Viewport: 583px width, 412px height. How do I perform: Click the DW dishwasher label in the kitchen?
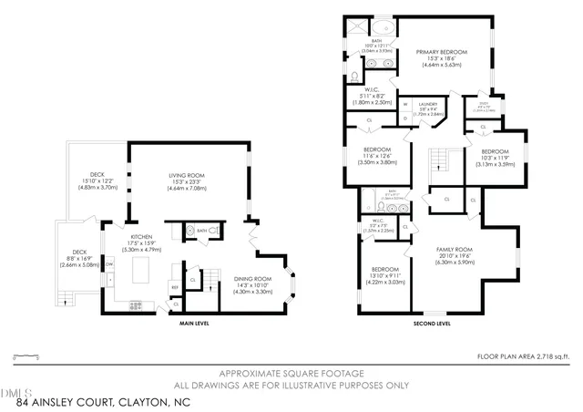108,264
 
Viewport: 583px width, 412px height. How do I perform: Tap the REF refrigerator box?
175,284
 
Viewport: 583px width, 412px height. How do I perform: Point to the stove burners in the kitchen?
137,304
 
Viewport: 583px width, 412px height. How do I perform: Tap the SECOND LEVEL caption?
431,323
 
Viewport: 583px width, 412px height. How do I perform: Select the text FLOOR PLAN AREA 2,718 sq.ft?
523,355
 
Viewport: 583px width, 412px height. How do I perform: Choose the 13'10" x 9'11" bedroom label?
384,275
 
